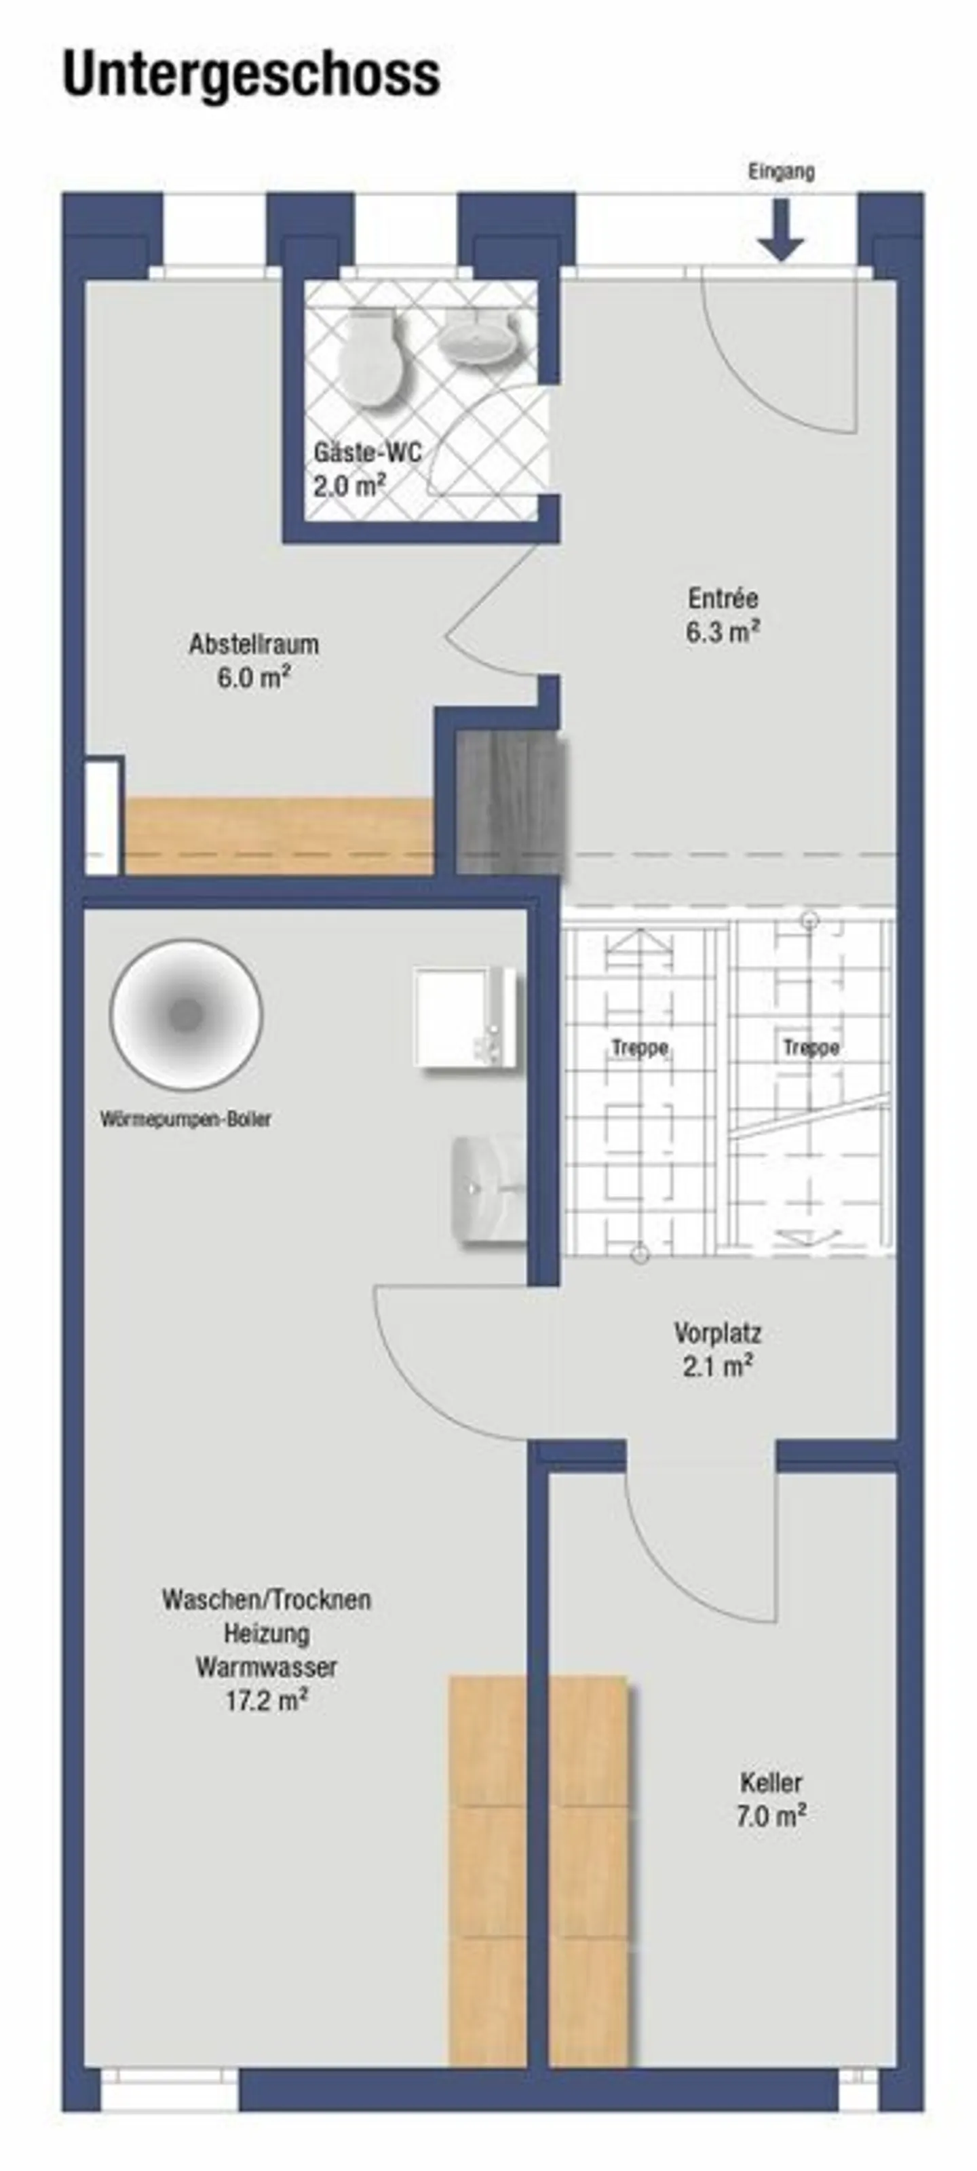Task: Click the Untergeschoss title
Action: [251, 75]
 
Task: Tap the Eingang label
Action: [781, 172]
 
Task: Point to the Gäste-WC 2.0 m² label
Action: [366, 469]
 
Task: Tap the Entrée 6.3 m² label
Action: [723, 615]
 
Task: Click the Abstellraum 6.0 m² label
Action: [254, 661]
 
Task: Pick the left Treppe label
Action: [640, 1048]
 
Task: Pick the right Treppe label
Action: [811, 1048]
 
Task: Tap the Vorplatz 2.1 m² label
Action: [717, 1349]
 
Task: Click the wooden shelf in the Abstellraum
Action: [278, 834]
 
